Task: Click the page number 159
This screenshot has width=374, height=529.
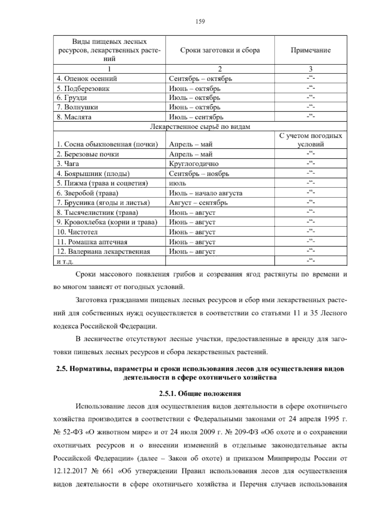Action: tap(200, 22)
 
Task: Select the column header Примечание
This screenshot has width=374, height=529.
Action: tap(310, 50)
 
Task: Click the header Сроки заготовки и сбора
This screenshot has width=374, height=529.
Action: tap(220, 50)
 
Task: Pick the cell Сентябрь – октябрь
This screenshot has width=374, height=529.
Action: tap(200, 79)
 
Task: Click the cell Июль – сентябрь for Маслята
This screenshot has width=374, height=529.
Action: tap(196, 117)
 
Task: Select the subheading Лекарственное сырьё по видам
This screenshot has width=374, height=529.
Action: tap(200, 127)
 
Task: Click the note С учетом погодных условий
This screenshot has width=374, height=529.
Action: tap(310, 140)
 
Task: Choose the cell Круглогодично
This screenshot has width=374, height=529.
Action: tap(194, 164)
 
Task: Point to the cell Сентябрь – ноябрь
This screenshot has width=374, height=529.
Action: tap(199, 174)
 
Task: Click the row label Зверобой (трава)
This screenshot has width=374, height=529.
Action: tap(88, 193)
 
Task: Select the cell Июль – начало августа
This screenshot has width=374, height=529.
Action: tap(205, 193)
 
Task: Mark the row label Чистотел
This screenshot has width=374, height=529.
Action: tap(77, 232)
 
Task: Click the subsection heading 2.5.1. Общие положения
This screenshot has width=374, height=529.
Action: tap(200, 394)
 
